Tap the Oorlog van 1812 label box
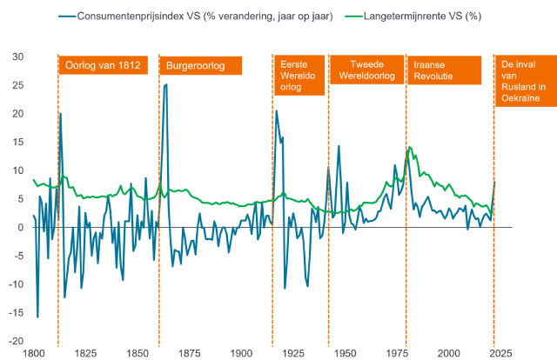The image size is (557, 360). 103,66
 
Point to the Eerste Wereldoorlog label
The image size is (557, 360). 298,76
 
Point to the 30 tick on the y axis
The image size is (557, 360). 17,57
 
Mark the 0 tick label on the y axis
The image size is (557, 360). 19,227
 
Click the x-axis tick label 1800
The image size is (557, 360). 34,354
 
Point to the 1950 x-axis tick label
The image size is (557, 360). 346,354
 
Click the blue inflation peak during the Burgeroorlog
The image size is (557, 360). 165,84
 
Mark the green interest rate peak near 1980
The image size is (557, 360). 409,148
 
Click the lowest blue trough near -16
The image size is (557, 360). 37,317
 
